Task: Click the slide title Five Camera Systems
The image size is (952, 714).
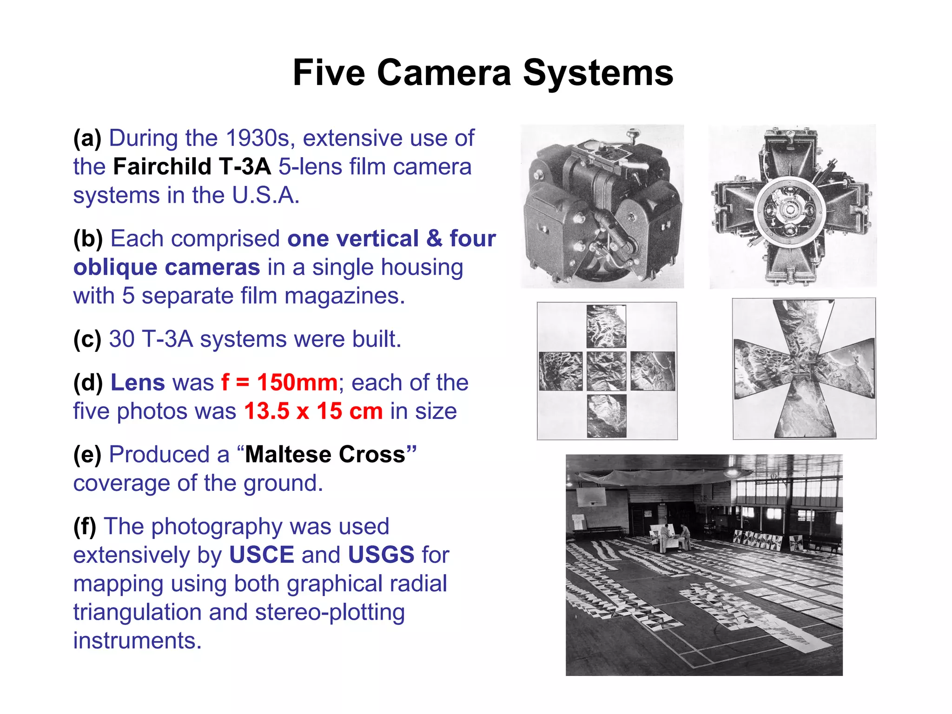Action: (x=483, y=73)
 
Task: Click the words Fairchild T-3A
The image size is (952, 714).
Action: (x=192, y=167)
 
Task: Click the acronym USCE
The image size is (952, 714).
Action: (x=262, y=555)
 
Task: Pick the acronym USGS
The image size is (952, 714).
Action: (x=381, y=555)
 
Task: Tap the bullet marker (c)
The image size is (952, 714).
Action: (x=87, y=339)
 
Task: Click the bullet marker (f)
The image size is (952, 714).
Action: (x=85, y=527)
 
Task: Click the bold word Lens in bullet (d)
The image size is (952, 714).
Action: (x=138, y=383)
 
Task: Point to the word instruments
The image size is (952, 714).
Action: (x=137, y=641)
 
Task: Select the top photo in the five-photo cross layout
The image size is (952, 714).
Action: (x=606, y=326)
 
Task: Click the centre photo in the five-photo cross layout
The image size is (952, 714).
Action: (x=606, y=371)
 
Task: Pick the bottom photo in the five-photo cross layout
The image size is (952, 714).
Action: (x=606, y=416)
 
